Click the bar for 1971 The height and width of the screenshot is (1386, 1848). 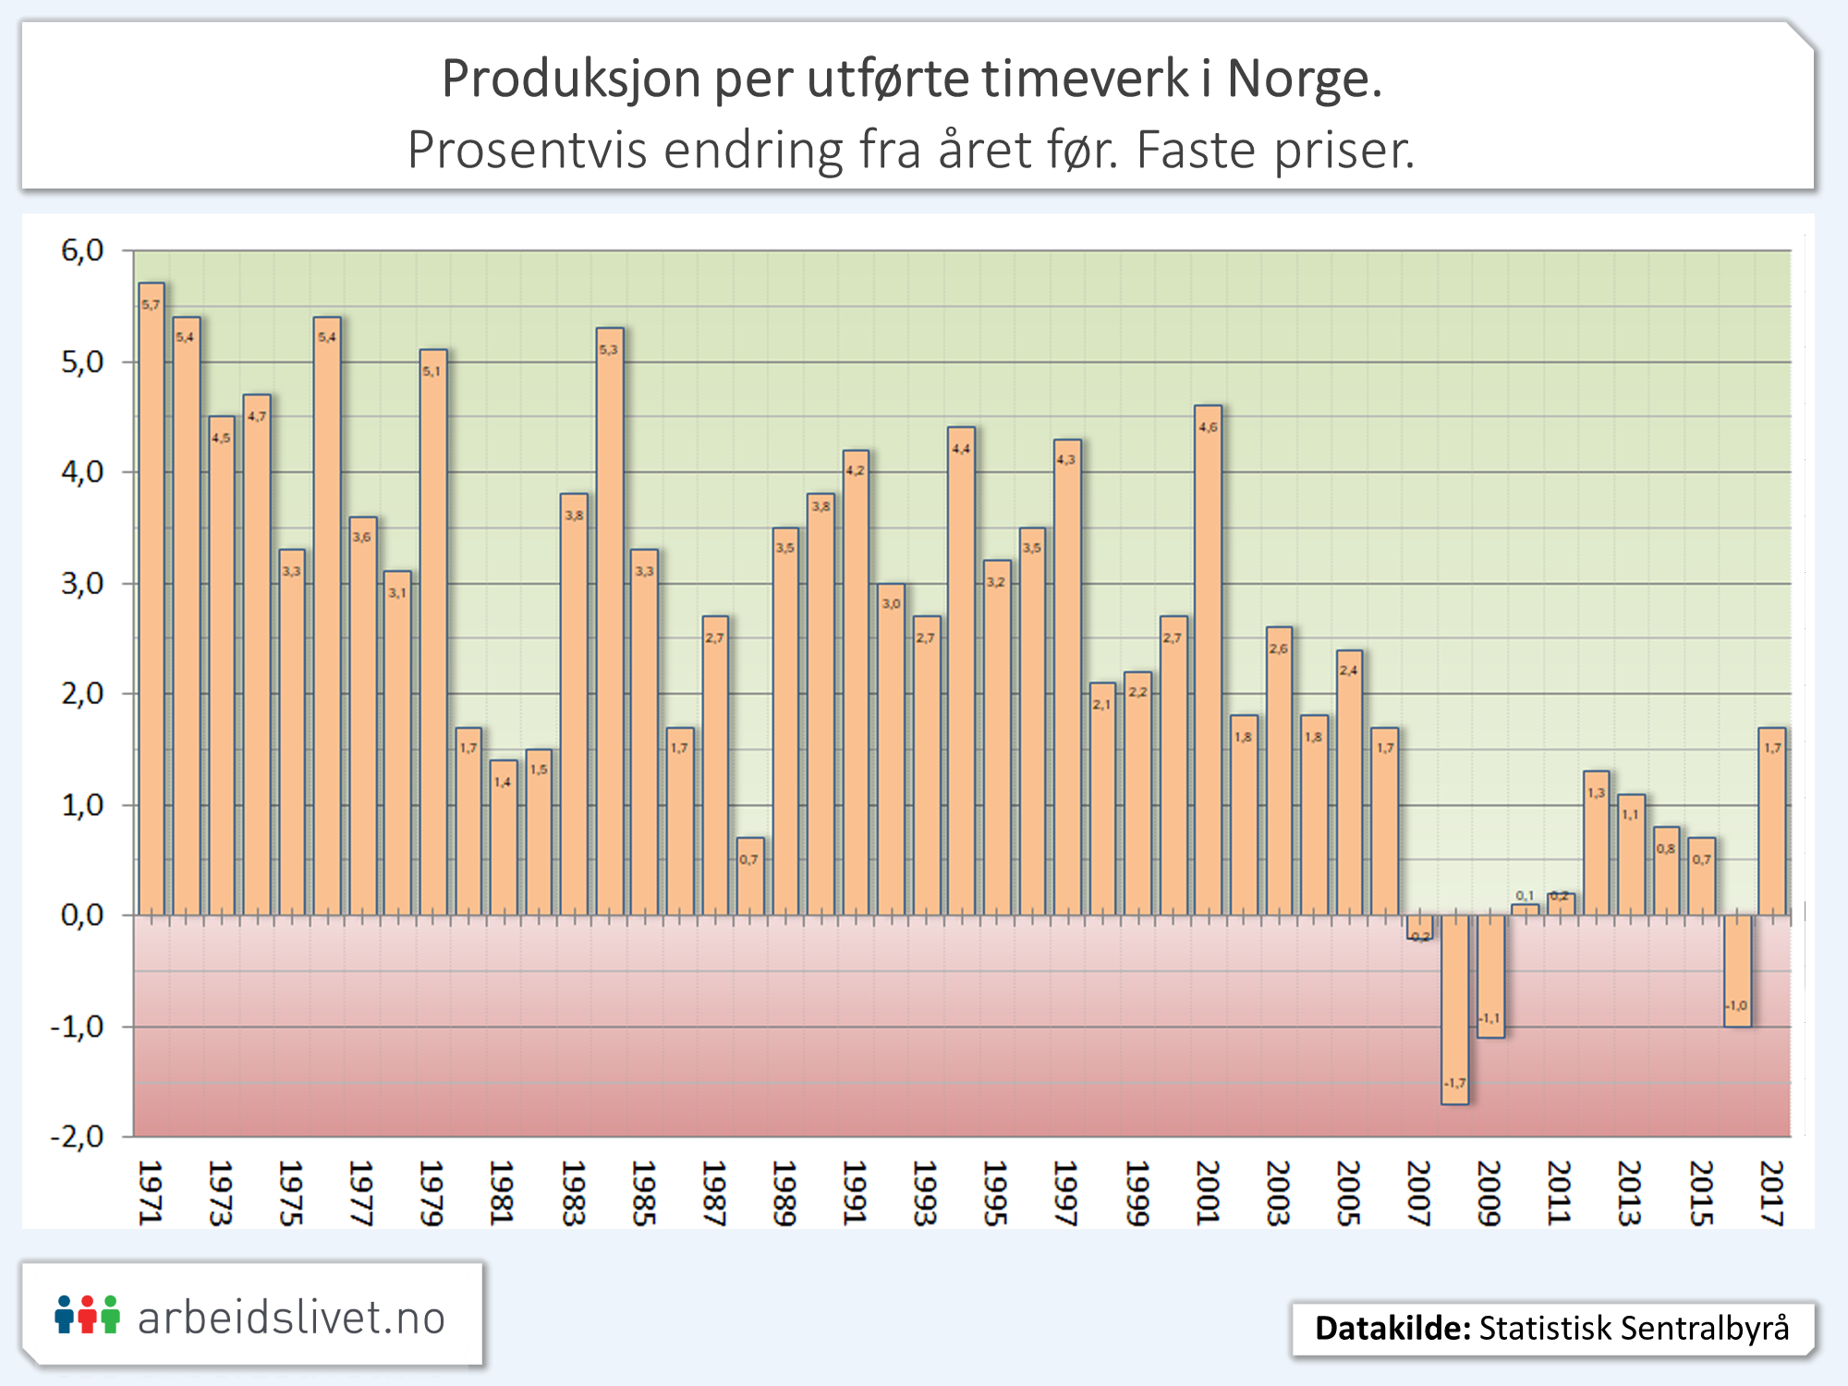(x=152, y=601)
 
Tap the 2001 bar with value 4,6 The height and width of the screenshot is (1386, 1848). (x=1208, y=661)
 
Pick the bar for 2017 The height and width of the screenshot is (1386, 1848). (x=1771, y=822)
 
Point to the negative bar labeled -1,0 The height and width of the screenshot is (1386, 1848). (x=1737, y=970)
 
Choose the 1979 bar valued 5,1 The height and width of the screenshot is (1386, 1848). (x=433, y=633)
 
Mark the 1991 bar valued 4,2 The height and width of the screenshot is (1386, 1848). (x=856, y=684)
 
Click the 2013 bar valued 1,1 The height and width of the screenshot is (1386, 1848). (x=1631, y=855)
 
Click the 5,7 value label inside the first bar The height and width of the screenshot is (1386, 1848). (x=151, y=305)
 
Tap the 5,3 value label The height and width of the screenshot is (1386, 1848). (x=608, y=350)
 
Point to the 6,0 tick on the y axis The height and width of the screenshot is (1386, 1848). (x=82, y=250)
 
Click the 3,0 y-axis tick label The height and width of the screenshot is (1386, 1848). (x=82, y=584)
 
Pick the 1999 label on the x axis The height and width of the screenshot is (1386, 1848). (x=1137, y=1193)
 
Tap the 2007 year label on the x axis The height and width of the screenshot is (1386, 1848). (x=1418, y=1193)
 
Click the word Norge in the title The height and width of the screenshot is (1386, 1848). (x=1304, y=79)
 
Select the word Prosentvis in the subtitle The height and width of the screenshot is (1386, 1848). (x=528, y=150)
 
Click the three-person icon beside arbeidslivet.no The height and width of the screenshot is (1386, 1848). (x=87, y=1315)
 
